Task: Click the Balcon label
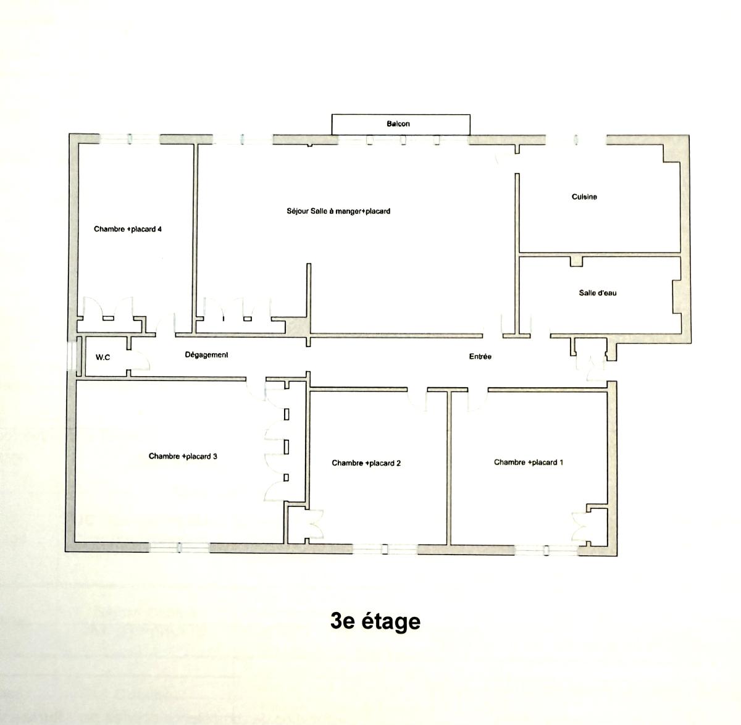point(398,124)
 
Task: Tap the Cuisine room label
point(584,197)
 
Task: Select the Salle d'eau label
point(598,293)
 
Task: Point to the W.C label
point(103,357)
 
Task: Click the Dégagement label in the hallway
point(206,355)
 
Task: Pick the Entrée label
point(480,356)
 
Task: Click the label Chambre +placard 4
point(128,229)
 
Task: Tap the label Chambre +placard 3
point(183,456)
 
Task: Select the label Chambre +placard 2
point(366,463)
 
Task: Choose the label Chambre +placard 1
point(528,463)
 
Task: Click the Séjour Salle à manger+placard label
point(338,211)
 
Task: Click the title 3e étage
point(375,621)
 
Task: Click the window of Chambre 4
point(130,139)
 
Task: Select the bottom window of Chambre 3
point(179,548)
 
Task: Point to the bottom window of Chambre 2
point(385,549)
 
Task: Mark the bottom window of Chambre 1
point(546,550)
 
